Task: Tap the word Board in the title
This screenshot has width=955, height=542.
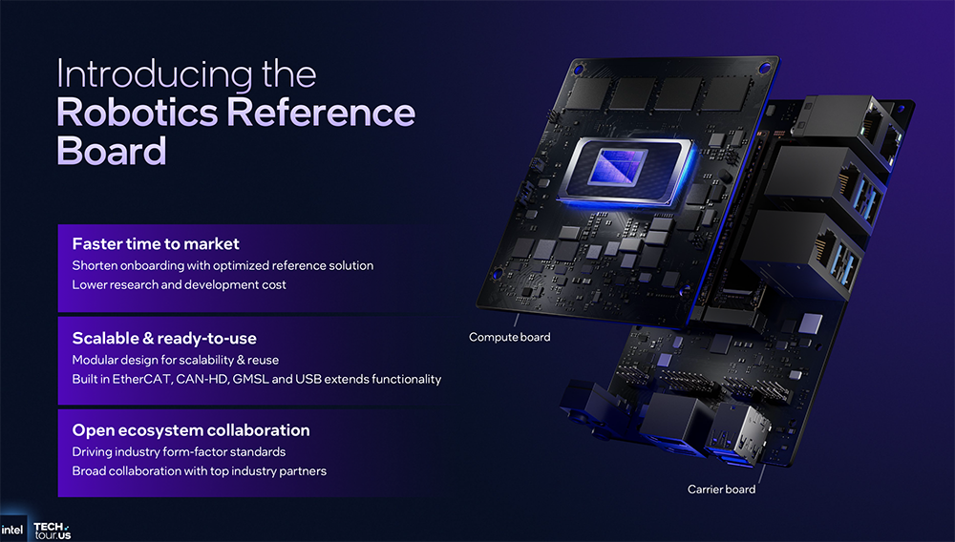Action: point(112,150)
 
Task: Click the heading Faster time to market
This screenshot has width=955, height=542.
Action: point(156,244)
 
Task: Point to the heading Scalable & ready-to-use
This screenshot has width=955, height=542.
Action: point(164,338)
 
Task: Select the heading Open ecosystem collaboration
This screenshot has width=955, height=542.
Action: point(191,430)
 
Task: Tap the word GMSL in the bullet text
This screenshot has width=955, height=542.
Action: point(250,379)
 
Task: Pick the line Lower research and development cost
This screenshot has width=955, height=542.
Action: point(180,284)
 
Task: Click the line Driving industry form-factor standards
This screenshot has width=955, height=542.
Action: point(179,452)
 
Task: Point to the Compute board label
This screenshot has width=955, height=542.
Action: point(510,337)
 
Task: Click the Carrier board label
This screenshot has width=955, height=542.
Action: point(721,490)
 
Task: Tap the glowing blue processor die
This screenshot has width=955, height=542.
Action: point(617,166)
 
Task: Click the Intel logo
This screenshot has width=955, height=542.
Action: point(11,530)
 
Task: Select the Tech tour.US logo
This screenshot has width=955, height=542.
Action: point(53,531)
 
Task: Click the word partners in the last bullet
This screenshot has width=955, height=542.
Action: point(303,471)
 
